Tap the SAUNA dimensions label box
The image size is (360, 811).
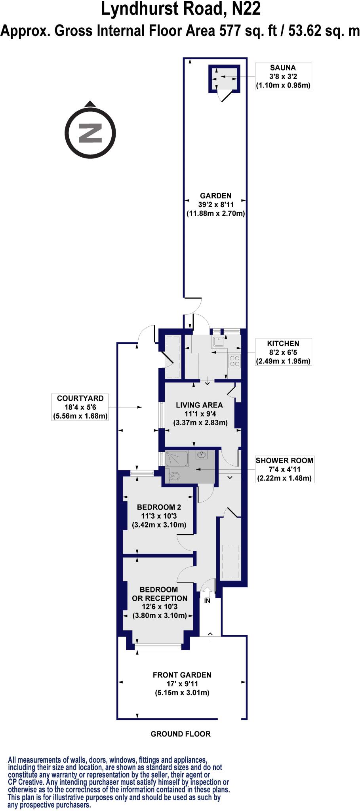(283, 76)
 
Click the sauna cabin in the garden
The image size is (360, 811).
(225, 78)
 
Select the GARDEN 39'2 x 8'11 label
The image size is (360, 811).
(215, 204)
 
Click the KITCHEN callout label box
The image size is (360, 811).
(283, 352)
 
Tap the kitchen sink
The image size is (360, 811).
(218, 342)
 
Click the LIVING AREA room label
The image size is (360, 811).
(200, 413)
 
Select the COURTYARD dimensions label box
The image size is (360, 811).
(80, 407)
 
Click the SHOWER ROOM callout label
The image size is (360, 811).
(284, 469)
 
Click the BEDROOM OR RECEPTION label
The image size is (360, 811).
(159, 594)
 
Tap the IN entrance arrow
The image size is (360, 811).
(207, 594)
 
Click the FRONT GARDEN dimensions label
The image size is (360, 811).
(182, 683)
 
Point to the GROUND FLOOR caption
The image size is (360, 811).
(180, 734)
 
